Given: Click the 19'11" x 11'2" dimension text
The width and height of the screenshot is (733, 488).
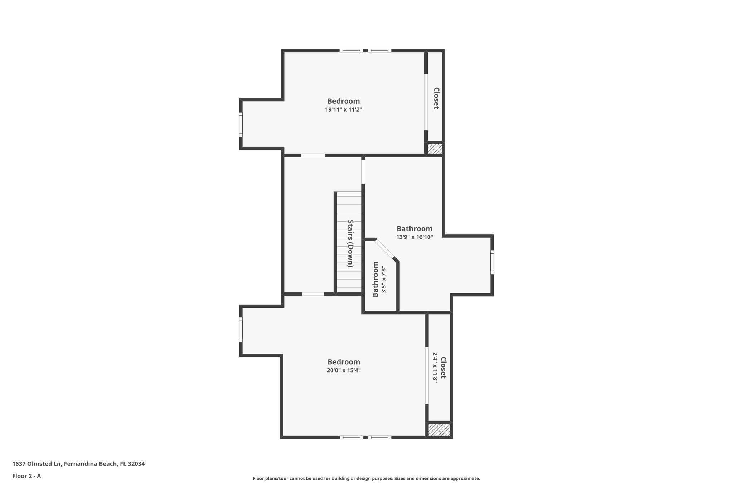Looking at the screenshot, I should [x=343, y=110].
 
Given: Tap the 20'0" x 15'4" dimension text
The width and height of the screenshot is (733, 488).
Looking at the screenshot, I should [x=343, y=370].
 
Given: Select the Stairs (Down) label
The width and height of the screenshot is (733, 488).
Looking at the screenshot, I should [x=351, y=243].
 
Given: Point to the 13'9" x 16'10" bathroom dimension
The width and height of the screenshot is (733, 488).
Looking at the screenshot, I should [x=414, y=237].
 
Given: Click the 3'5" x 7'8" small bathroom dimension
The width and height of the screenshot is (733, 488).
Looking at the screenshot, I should [x=384, y=280].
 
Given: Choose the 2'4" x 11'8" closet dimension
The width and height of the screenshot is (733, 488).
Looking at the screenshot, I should [x=435, y=368].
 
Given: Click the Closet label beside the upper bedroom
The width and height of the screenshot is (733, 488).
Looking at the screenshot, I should [x=436, y=98].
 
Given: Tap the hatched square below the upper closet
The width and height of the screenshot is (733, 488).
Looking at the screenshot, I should [x=435, y=149].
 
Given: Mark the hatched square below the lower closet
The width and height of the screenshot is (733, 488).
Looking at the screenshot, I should [x=439, y=430].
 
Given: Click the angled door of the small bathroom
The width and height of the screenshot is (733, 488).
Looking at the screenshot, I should [x=385, y=248].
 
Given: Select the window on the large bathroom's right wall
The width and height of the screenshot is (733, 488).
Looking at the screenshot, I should [x=492, y=262].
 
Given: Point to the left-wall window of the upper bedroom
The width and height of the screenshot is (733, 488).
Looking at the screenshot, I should [x=241, y=124].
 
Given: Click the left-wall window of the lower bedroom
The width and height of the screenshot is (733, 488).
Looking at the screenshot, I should [x=241, y=330].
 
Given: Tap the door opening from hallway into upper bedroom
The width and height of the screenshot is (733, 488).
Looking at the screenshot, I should [x=313, y=156].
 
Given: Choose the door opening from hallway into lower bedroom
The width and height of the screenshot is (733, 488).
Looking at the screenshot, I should [x=313, y=294].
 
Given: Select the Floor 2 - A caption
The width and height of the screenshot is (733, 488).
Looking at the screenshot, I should [x=26, y=476].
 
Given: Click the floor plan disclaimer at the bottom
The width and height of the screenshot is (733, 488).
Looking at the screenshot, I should [x=366, y=478].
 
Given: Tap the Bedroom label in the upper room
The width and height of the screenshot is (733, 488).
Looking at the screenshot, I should [x=343, y=101].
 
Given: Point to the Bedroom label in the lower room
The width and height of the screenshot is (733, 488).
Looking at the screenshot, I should [x=344, y=362].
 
